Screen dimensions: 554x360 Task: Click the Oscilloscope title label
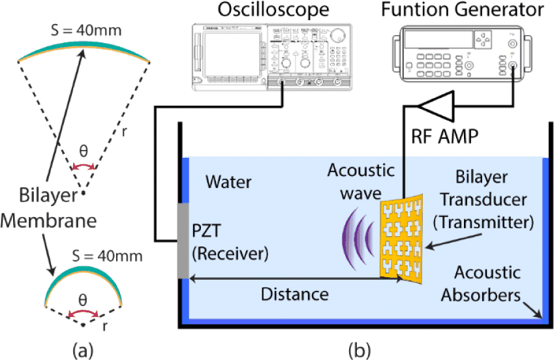(273, 10)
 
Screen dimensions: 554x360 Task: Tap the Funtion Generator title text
(463, 10)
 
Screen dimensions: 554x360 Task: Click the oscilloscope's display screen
(232, 54)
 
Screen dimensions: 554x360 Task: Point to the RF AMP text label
(445, 136)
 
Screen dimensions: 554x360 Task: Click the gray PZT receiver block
(183, 241)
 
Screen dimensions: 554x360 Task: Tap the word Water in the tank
(228, 182)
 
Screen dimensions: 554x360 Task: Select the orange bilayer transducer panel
(402, 239)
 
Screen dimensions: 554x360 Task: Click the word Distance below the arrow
(295, 294)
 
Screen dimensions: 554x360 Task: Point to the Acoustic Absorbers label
(481, 283)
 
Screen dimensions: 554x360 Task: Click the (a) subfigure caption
(83, 351)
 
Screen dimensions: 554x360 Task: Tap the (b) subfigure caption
(360, 351)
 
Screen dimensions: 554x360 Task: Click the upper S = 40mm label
(86, 30)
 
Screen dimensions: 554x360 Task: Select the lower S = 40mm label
(107, 256)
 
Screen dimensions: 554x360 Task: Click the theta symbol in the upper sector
(84, 151)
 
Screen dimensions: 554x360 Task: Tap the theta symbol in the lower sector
(83, 300)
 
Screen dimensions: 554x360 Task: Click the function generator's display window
(439, 39)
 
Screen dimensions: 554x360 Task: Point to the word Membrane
(48, 221)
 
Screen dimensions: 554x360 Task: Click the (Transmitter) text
(484, 222)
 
